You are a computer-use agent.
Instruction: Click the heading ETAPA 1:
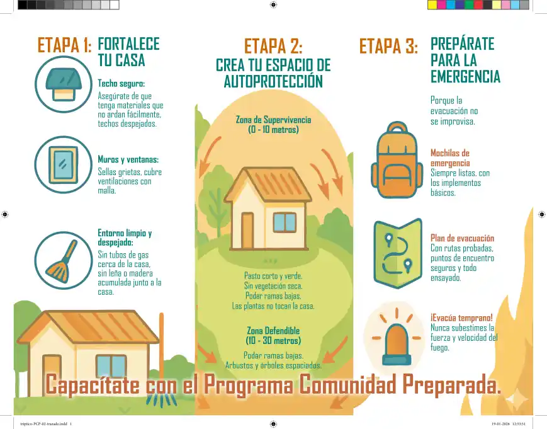pos(65,45)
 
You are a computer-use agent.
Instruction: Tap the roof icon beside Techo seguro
pos(64,84)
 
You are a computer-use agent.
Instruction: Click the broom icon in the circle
pos(62,261)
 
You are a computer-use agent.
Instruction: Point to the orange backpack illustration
pos(397,159)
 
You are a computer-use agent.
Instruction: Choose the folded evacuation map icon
pos(398,253)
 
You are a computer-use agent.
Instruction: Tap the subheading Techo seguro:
pos(121,83)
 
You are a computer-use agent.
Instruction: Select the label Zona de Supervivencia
pos(273,120)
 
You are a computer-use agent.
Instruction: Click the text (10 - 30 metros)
pos(273,340)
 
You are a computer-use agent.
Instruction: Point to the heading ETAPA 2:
pos(273,46)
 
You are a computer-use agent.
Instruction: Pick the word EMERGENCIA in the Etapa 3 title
pos(465,76)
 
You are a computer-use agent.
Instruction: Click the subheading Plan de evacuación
pos(462,238)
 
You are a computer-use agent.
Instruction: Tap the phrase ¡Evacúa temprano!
pos(461,317)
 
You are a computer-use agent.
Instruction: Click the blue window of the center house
pos(285,222)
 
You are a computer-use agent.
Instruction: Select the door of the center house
pos(247,231)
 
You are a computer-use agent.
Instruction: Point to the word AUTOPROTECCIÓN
pos(273,81)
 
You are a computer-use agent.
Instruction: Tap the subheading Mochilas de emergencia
pos(450,157)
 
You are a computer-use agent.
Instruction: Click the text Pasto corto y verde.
pos(273,276)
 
